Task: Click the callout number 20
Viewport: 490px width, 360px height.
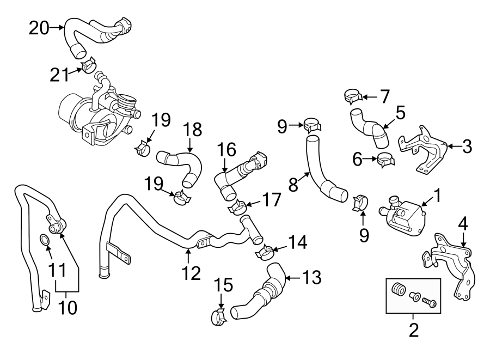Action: click(x=39, y=27)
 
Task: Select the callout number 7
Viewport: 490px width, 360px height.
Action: click(x=385, y=97)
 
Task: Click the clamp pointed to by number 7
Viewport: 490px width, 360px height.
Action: click(x=353, y=97)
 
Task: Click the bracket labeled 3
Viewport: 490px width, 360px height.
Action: click(x=425, y=149)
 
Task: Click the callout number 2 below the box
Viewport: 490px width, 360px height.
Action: click(x=413, y=330)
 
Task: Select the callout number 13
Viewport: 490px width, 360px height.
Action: click(x=310, y=278)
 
